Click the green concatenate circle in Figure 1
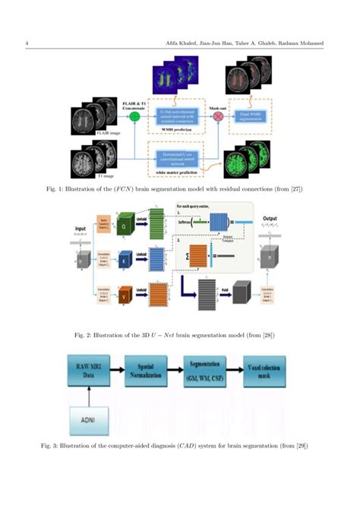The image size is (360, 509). coord(135,116)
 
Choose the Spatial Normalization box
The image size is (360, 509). coord(153,371)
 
